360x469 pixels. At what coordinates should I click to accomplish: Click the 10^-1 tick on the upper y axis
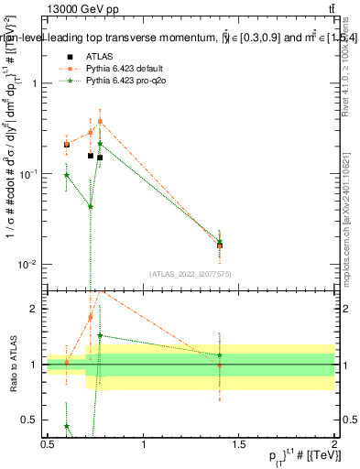click(27, 174)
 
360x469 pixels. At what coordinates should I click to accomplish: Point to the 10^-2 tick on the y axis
click(27, 265)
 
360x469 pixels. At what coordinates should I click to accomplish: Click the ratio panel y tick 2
click(33, 309)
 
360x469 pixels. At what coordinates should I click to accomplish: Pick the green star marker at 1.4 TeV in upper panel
click(220, 241)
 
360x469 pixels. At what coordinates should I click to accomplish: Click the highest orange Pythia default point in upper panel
click(100, 121)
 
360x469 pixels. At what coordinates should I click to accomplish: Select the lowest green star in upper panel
click(91, 207)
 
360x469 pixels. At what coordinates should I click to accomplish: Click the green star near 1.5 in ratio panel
click(100, 335)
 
